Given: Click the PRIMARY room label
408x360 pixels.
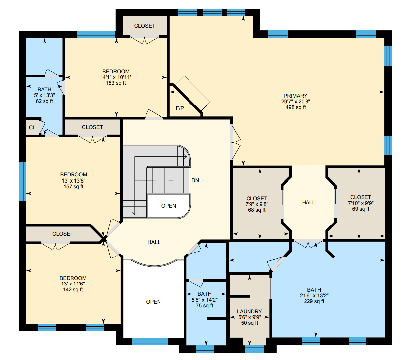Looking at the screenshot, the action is click(295, 96).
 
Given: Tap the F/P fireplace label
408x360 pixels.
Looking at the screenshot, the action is click(180, 108).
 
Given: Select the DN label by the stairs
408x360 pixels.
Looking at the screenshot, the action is click(195, 180).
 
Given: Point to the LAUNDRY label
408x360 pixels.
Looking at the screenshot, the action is click(249, 311).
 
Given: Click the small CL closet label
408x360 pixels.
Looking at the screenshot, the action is click(32, 128).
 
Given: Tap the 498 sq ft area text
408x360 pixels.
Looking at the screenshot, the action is click(295, 107).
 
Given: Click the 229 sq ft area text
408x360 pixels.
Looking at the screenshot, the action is click(314, 301).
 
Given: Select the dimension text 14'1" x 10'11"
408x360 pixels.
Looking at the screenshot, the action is click(116, 77).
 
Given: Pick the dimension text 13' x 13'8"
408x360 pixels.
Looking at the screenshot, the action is click(73, 181).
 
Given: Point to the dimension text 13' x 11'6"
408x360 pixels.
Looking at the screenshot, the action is click(73, 284).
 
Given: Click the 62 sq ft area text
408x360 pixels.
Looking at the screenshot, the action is click(44, 101).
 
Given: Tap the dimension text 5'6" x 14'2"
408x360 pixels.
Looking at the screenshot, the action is click(204, 300).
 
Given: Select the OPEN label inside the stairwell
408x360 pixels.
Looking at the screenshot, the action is click(168, 206).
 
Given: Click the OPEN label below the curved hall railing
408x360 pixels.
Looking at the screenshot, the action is click(153, 302).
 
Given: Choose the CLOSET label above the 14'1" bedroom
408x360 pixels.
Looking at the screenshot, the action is click(145, 26).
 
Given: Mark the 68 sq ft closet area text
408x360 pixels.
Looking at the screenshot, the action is click(256, 210).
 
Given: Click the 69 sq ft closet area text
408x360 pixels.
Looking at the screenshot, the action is click(361, 209).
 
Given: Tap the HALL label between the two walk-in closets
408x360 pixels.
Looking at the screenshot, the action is click(308, 203).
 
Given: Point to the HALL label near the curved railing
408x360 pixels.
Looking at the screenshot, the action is click(154, 242).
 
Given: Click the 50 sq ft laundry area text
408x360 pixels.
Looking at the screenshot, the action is click(249, 323).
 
